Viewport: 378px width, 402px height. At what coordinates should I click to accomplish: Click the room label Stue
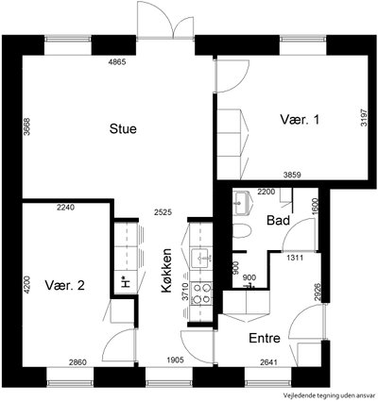click(x=123, y=129)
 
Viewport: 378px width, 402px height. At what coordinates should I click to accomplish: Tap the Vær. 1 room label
click(x=300, y=120)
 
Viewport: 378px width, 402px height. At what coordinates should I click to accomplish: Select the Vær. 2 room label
click(x=64, y=285)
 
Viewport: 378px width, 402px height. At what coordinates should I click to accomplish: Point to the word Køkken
click(x=167, y=271)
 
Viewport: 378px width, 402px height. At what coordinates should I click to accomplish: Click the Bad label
click(x=278, y=220)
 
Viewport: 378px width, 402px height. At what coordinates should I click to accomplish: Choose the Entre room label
click(x=265, y=338)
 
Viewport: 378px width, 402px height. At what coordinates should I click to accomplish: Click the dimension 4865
click(x=117, y=62)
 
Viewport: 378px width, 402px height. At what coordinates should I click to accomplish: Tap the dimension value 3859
click(x=292, y=175)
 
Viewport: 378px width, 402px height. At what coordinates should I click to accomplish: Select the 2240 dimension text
click(x=65, y=208)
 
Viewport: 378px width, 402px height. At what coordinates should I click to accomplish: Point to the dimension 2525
click(x=163, y=212)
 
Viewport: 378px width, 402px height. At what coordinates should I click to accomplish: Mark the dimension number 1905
click(x=175, y=360)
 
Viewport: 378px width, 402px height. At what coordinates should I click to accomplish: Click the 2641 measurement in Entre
click(x=268, y=362)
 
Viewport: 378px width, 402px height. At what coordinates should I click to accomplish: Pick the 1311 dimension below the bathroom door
click(x=295, y=259)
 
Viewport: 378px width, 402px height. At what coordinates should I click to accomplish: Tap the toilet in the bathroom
click(x=242, y=231)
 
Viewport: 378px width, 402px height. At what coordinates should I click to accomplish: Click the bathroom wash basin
click(x=242, y=203)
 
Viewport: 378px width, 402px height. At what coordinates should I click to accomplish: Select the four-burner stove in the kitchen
click(x=201, y=293)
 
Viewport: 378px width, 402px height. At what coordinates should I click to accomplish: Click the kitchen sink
click(x=201, y=258)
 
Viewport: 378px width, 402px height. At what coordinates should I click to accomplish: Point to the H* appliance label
click(x=126, y=282)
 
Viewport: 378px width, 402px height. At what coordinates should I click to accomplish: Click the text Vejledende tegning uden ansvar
click(x=330, y=395)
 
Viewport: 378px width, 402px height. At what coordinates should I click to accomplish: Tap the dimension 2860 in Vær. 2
click(x=77, y=362)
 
